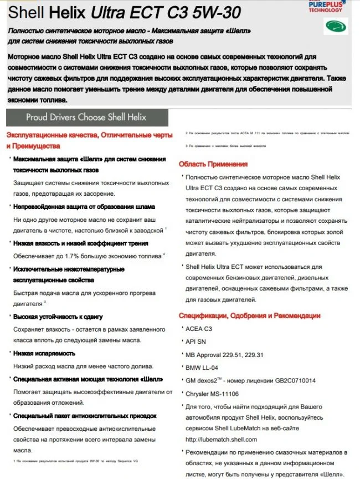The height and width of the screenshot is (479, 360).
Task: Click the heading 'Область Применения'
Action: (213, 164)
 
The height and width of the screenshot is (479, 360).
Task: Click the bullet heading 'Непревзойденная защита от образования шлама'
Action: (84, 206)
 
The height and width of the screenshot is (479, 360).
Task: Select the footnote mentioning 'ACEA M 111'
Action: (266, 134)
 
